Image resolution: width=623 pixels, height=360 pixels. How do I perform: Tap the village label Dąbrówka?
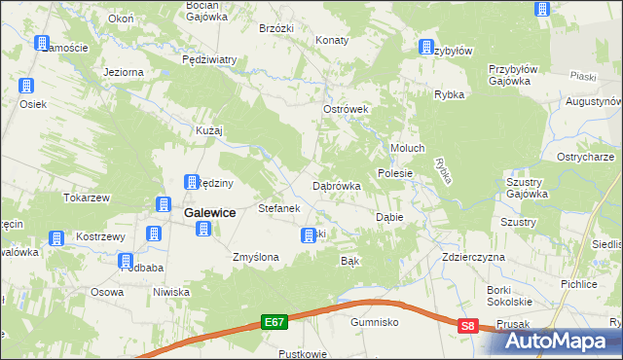pos(337,185)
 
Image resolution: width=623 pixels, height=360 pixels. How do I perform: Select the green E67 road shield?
pos(275,319)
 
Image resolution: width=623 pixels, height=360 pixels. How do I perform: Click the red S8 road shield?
pos(469,327)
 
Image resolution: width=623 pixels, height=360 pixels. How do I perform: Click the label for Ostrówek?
pos(346,110)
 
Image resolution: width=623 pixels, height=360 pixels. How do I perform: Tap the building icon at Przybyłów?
pos(426,47)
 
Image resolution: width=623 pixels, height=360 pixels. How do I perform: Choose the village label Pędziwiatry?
pos(209,59)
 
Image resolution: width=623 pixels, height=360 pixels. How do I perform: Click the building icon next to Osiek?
pos(26,83)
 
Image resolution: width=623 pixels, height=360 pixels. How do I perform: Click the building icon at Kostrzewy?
pos(56,237)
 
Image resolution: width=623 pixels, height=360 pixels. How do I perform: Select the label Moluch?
pos(407,148)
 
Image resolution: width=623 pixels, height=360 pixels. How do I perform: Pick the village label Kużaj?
pos(210,129)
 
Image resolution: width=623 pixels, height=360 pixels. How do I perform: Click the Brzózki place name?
pos(276,28)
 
